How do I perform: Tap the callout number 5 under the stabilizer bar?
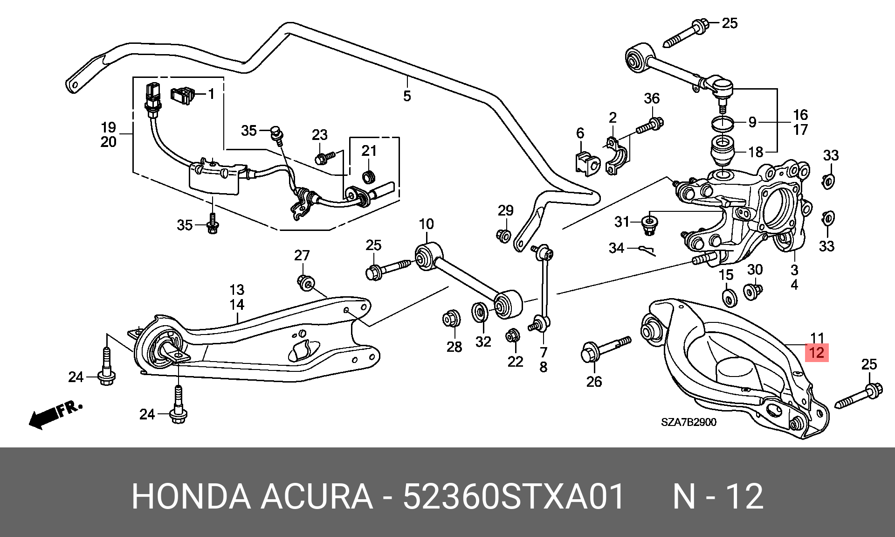tap(407, 96)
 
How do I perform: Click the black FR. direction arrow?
tap(55, 414)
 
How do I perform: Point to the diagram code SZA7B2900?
tap(688, 422)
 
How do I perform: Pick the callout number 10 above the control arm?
tap(426, 224)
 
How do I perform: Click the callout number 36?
tap(652, 98)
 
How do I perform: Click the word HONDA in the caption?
tap(191, 497)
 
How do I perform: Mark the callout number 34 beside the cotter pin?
tap(616, 248)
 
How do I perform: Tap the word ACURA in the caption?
tap(317, 497)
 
